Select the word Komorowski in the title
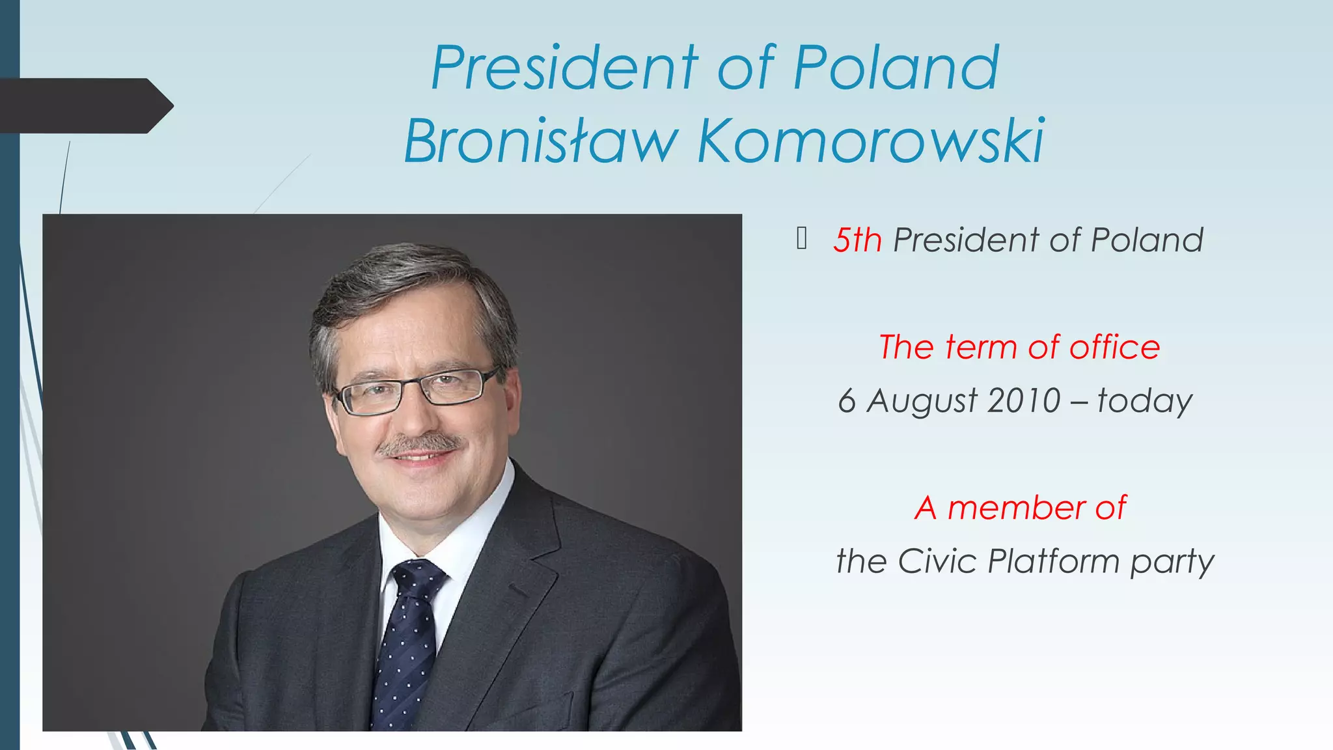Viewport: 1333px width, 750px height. [x=871, y=141]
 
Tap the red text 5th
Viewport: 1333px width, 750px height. [x=857, y=240]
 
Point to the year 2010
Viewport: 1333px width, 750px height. [x=1024, y=400]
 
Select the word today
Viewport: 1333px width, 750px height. [x=1145, y=401]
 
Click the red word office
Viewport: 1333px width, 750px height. [x=1114, y=347]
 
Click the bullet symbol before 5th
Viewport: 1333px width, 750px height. [x=802, y=239]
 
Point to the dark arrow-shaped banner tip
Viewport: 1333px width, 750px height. [x=163, y=105]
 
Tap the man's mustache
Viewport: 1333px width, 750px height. [x=420, y=445]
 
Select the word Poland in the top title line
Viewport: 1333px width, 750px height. [x=896, y=68]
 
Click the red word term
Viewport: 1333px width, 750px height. [x=981, y=347]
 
